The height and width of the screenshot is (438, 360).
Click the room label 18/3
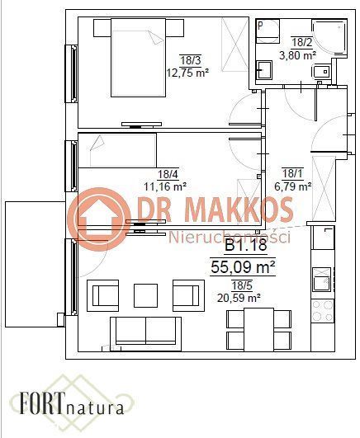(191, 59)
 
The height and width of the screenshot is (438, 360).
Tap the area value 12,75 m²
(187, 73)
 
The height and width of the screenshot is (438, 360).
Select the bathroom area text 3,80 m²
(297, 55)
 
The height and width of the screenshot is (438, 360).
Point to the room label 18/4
(168, 174)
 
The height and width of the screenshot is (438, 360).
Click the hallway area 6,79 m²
(293, 186)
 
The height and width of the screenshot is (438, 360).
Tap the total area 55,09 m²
(243, 267)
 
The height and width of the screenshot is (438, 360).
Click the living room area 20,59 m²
(239, 298)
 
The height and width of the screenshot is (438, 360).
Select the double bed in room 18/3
(139, 58)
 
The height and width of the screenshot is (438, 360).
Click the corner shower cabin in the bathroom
(329, 38)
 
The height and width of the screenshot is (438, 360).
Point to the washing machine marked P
(268, 31)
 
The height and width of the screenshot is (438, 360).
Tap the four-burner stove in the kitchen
(323, 310)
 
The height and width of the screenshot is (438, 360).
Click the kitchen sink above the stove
(322, 279)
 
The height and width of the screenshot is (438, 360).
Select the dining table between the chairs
(258, 330)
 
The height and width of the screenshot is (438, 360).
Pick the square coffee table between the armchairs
(145, 295)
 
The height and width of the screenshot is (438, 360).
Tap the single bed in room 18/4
(117, 151)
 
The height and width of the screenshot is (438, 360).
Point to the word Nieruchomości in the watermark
(230, 238)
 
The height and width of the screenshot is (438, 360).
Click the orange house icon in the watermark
(99, 219)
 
